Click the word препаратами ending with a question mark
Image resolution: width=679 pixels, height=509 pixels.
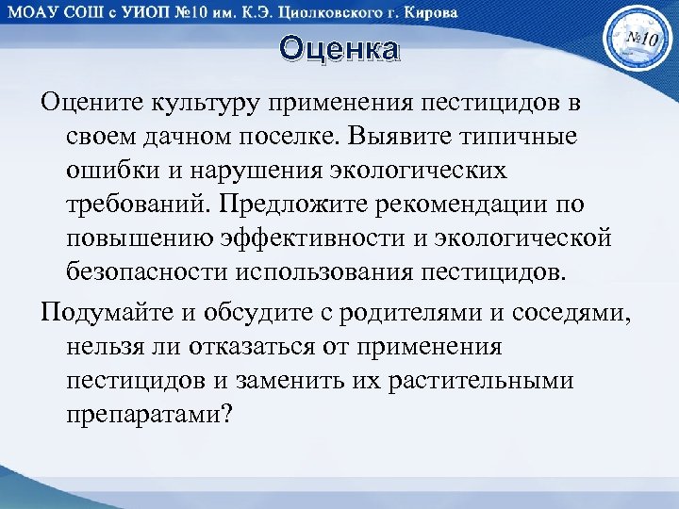148,416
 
